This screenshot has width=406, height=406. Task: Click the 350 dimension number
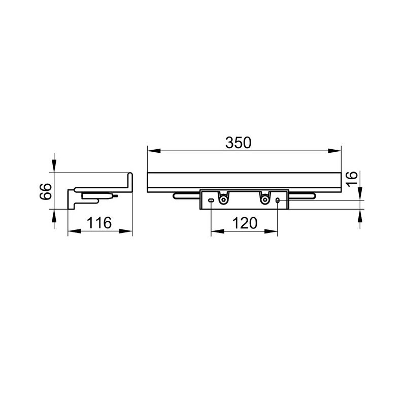(x=238, y=143)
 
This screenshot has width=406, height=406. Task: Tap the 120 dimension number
(x=245, y=223)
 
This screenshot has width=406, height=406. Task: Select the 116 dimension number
(x=99, y=223)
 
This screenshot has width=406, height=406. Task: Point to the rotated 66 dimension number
(x=46, y=191)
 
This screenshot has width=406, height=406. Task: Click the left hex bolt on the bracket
(x=223, y=199)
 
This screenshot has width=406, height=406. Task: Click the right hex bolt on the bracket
(x=264, y=199)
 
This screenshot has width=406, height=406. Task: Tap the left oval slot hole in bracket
(x=211, y=200)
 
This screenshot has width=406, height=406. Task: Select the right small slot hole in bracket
(x=278, y=200)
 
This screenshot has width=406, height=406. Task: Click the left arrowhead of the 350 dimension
(x=154, y=151)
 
